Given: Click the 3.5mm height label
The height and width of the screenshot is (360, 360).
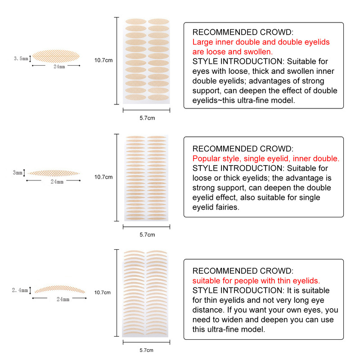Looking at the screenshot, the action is coord(21,58).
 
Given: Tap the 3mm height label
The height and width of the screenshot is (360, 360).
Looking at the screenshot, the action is coord(18,173).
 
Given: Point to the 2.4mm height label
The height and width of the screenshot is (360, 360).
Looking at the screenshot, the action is coord(20,291).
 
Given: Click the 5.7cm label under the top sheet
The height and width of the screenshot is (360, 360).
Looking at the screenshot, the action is coord(147,118).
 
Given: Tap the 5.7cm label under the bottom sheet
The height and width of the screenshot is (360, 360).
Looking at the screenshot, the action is coord(147,350).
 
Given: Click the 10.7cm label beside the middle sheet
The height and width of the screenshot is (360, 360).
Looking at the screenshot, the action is coord(103,177).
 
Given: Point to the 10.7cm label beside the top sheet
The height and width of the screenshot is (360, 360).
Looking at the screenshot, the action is coord(103,60).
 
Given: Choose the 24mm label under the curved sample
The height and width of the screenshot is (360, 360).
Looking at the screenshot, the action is coord(63,299).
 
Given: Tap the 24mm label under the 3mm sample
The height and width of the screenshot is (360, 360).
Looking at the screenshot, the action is coord(57,182).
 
